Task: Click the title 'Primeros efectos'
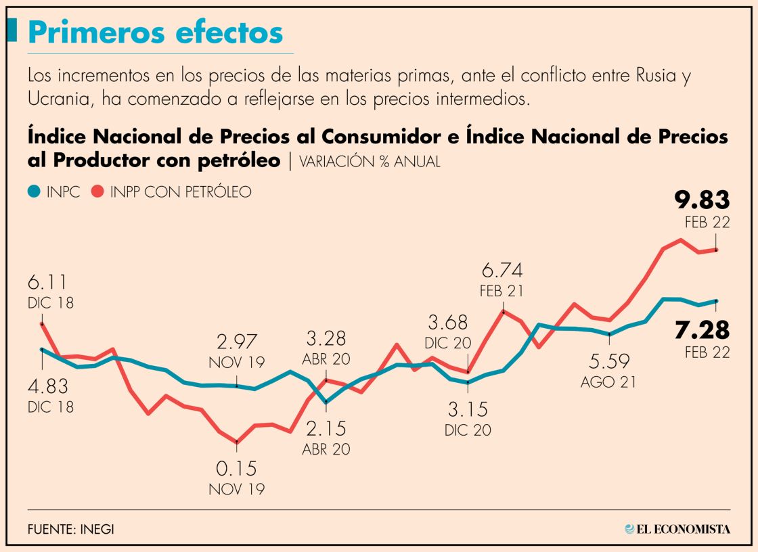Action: [155, 32]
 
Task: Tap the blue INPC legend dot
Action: [35, 192]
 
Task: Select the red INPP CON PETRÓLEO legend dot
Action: [97, 192]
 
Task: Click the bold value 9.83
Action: [702, 200]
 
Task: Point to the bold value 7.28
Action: [702, 330]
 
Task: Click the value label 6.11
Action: [48, 282]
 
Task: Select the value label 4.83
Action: [48, 386]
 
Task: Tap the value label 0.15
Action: [237, 468]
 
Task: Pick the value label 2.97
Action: [237, 342]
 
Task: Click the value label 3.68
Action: [448, 323]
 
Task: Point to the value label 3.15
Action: [467, 409]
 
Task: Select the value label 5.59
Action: [608, 361]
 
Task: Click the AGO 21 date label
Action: [608, 382]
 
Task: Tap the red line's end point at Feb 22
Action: [716, 250]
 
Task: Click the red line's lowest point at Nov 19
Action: [236, 442]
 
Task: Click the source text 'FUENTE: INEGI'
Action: [71, 529]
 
